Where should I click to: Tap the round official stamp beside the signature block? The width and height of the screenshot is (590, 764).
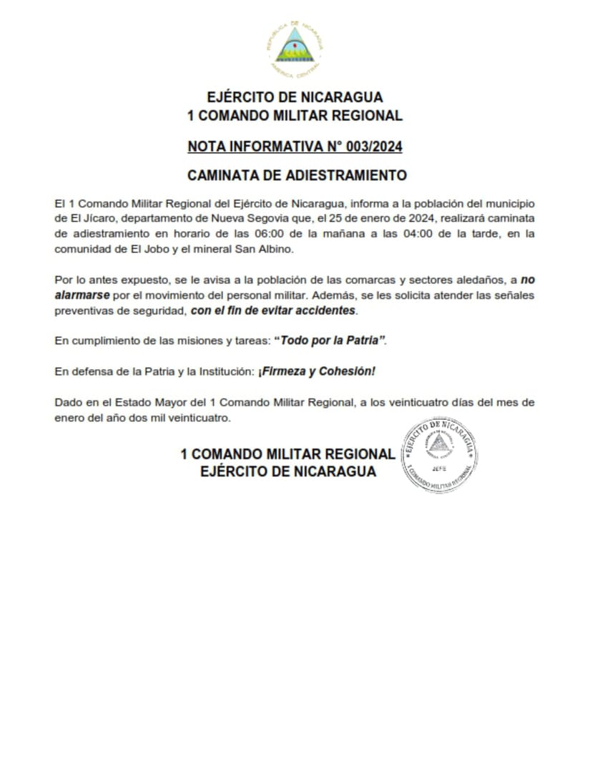[439, 455]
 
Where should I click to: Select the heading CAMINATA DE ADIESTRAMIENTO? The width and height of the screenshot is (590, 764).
[295, 175]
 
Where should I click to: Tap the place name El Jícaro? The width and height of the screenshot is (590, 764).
[87, 219]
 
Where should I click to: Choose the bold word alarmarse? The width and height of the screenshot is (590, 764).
[82, 295]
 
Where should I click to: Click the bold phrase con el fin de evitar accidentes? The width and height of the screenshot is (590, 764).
[273, 311]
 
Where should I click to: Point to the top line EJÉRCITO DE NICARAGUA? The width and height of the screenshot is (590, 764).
[295, 97]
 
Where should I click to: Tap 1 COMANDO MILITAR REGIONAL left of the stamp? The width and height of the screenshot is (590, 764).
[287, 454]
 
